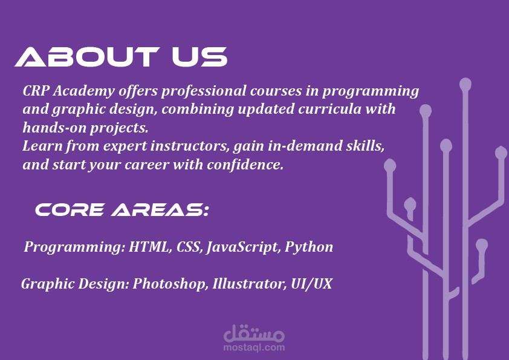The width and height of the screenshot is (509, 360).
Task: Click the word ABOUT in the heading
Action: click(86, 57)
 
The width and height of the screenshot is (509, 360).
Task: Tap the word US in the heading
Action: click(199, 57)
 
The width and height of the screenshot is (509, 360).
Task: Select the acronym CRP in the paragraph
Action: click(36, 91)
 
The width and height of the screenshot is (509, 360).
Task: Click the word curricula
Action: click(329, 109)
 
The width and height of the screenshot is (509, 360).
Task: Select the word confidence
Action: click(245, 165)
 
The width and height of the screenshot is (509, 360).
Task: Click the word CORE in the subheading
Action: click(70, 210)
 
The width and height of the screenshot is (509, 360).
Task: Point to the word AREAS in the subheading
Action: click(160, 210)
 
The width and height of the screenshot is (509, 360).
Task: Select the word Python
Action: click(309, 247)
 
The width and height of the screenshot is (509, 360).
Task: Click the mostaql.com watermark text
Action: click(254, 347)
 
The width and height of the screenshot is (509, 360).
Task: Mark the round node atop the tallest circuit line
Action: click(465, 85)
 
